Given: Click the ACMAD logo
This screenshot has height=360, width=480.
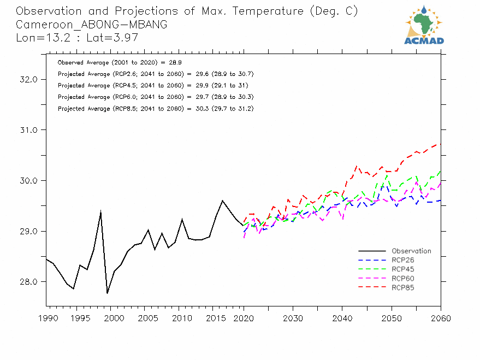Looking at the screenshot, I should tap(424, 25).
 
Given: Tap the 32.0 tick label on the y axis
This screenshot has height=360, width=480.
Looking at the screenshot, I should tap(28, 79).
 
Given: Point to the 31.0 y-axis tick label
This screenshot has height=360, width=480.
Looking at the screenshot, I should tap(28, 130).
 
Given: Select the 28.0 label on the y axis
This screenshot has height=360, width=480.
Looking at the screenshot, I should tap(28, 282).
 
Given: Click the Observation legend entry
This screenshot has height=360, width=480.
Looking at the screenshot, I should tap(411, 251).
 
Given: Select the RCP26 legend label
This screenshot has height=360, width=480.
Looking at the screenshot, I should tap(403, 260).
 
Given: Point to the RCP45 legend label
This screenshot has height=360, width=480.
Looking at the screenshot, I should tap(403, 269).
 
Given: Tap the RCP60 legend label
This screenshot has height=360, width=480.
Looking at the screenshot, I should tap(403, 279).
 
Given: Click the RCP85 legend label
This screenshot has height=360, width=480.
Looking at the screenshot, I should tap(403, 287).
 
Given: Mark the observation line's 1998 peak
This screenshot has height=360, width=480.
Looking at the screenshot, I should tap(100, 211).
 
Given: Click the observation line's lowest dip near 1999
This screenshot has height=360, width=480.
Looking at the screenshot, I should tap(107, 293).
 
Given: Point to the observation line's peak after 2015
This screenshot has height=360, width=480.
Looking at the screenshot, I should tap(222, 200).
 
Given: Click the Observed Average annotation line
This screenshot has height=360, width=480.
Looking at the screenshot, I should tap(112, 63).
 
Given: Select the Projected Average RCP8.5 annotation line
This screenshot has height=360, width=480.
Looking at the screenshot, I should tap(156, 109).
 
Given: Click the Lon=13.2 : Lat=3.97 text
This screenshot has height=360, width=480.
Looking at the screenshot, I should tap(76, 38).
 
